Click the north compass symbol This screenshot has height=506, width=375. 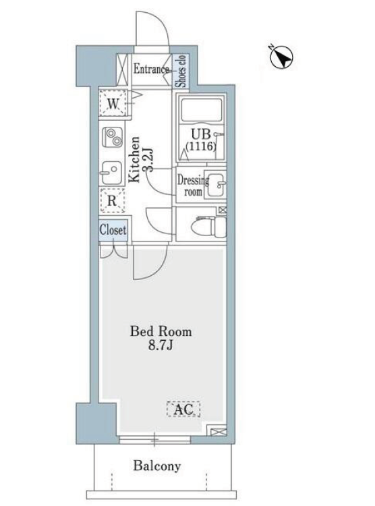tap(281, 57)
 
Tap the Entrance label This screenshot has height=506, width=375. tap(151, 69)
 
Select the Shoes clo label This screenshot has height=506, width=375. tap(181, 71)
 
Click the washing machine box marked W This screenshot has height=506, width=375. tap(113, 103)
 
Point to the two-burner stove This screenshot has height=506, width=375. tap(113, 137)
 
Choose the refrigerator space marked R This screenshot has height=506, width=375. tap(112, 201)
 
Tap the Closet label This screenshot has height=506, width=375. tap(113, 230)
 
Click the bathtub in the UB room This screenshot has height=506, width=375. tap(202, 110)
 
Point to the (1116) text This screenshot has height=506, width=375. tap(200, 146)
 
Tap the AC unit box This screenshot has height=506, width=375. tap(183, 409)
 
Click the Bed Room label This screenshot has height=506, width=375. tap(161, 331)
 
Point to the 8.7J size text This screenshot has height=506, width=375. tap(161, 345)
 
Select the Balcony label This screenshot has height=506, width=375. tap(157, 466)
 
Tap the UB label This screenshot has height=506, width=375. tap(201, 134)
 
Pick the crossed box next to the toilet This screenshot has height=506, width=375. tap(223, 210)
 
